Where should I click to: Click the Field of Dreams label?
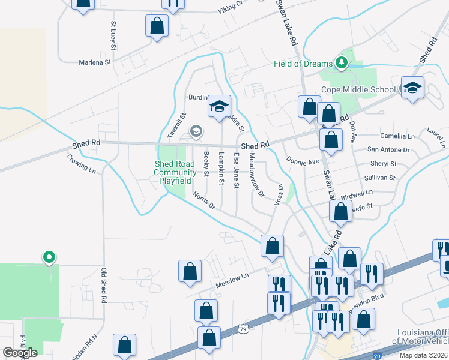pos(303,64)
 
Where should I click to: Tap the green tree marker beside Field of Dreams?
pos(342,62)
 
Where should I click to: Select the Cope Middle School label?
pos(358,89)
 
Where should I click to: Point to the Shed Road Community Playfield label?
pos(175,172)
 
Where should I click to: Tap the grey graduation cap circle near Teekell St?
pos(195,130)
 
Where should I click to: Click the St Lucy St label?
pos(113,35)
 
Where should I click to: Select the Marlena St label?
pos(95,62)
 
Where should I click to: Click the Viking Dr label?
pos(231,6)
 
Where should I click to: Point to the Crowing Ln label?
pos(82,164)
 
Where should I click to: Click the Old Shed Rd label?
pos(104,285)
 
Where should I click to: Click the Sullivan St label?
pos(380,178)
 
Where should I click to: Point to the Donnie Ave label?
pos(303,162)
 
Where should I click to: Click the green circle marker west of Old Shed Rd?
pos(49,257)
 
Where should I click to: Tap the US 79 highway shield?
pos(242,329)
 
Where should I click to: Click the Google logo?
pos(20,352)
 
